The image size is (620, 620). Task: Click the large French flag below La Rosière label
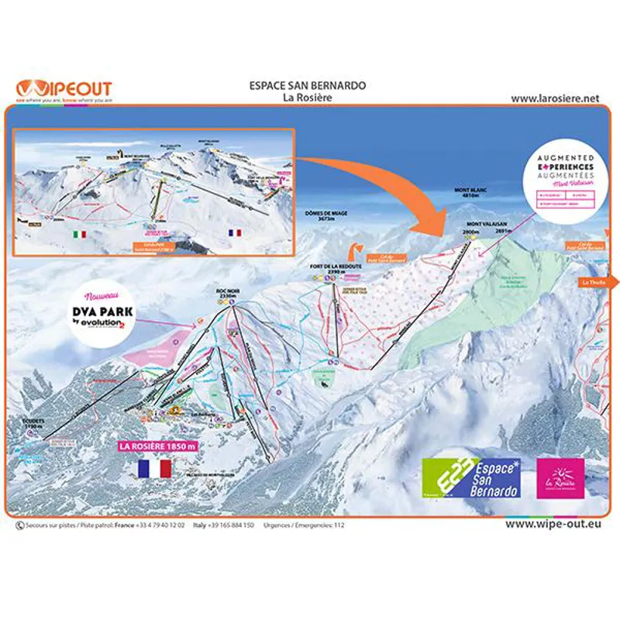pos(154,468)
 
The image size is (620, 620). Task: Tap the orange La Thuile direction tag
pos(594,283)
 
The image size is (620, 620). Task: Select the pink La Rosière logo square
pos(560,478)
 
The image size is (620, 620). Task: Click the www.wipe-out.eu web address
pos(553,525)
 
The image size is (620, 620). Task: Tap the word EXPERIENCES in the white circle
pos(566,167)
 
